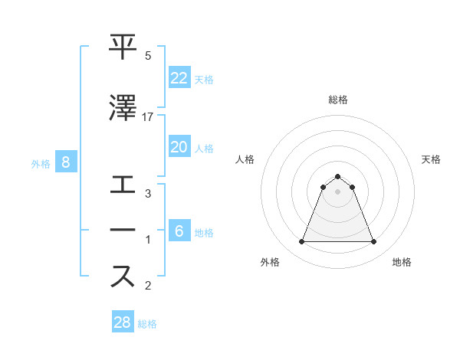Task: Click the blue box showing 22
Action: click(179, 77)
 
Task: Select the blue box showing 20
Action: click(179, 147)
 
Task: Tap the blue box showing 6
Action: click(179, 231)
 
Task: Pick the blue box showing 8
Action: click(66, 162)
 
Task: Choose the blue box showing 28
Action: click(123, 322)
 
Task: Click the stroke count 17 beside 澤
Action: click(148, 117)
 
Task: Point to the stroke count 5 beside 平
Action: click(148, 57)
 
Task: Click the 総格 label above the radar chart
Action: click(338, 100)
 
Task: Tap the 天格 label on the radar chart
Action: click(432, 159)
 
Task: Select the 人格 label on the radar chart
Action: click(245, 159)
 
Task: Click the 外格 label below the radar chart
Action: click(270, 263)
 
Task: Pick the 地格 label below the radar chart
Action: click(402, 263)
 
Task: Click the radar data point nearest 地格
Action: click(373, 242)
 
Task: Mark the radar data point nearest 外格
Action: click(302, 242)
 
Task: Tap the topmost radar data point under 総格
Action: click(338, 176)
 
